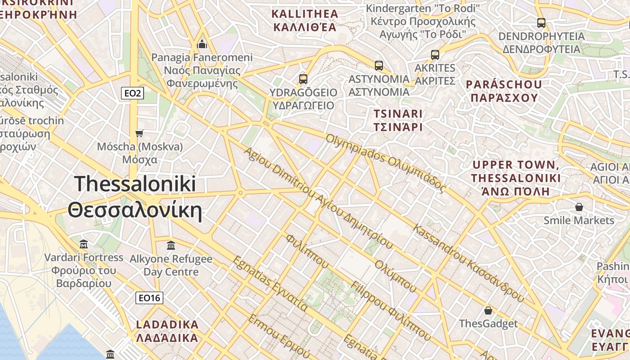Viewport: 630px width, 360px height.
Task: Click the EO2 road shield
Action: pos(133,93)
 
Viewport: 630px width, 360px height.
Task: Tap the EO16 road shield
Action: pos(149,297)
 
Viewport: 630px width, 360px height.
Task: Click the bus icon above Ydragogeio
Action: pos(303,79)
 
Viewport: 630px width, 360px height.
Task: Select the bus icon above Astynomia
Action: pos(379,65)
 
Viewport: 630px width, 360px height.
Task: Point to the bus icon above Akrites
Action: pos(435,54)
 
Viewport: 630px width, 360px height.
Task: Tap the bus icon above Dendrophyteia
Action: pos(541,22)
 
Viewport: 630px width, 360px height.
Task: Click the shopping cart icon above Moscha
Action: pos(139,133)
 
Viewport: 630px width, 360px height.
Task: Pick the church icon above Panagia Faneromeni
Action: pos(202,44)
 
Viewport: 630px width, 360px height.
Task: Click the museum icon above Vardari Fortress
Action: pos(84,244)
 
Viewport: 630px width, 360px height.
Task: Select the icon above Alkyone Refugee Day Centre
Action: pos(171,245)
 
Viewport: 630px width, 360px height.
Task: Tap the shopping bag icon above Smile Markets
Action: pos(579,207)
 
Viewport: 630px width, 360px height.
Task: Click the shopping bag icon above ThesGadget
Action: pos(488,310)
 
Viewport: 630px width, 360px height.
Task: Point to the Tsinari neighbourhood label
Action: pos(398,120)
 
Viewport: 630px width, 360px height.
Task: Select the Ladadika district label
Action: pos(167,331)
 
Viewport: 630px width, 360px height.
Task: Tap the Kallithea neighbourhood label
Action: pos(305,20)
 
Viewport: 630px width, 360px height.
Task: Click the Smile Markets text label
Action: pos(579,220)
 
